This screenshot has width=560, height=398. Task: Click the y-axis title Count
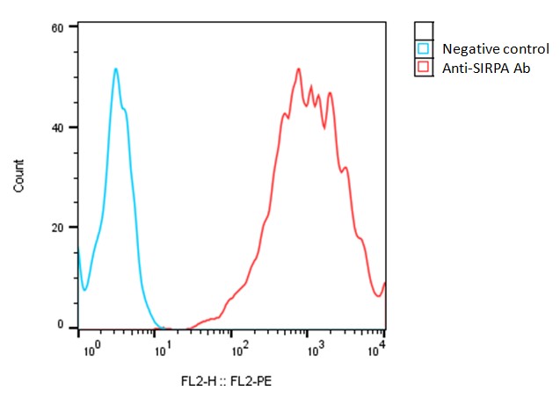pyautogui.click(x=19, y=176)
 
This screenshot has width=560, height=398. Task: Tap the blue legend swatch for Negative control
pyautogui.click(x=424, y=49)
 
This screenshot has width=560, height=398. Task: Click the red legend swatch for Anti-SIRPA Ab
pyautogui.click(x=424, y=67)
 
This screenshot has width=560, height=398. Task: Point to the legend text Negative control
pyautogui.click(x=496, y=49)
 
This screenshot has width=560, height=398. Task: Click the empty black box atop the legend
pyautogui.click(x=424, y=31)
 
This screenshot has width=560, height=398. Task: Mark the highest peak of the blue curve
pyautogui.click(x=115, y=69)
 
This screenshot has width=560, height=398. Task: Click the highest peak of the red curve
pyautogui.click(x=299, y=69)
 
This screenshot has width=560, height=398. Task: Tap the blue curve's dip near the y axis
pyautogui.click(x=84, y=289)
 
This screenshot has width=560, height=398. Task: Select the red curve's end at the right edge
pyautogui.click(x=385, y=284)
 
